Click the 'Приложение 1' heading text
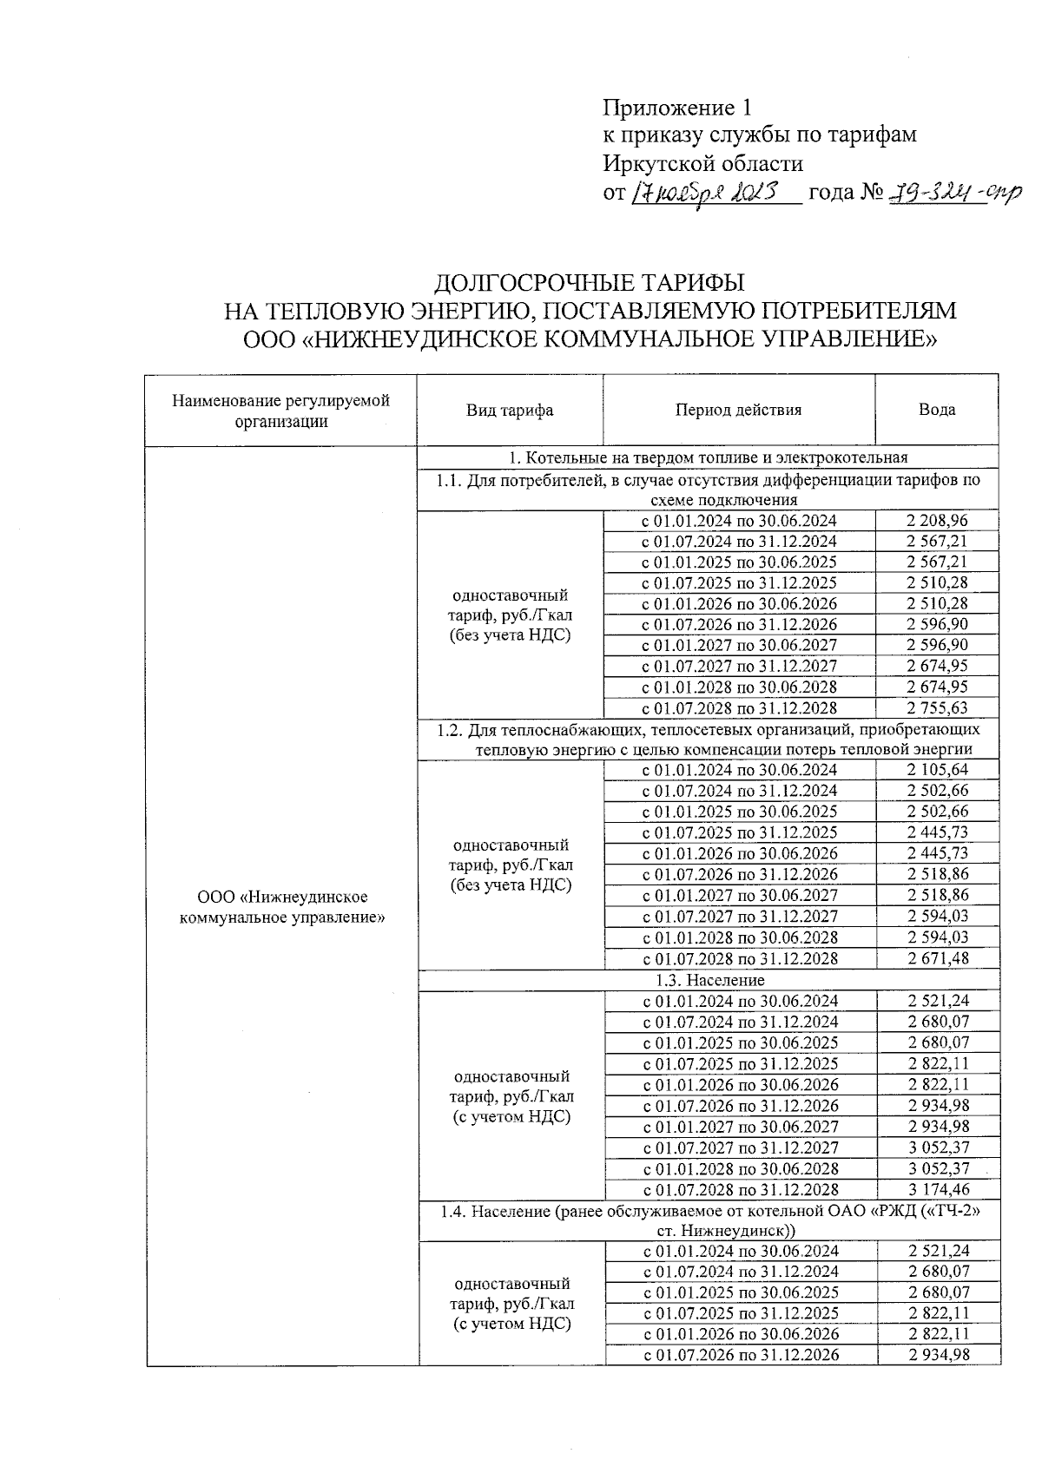[x=676, y=109]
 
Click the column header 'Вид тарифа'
[x=510, y=411]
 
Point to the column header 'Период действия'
[x=738, y=411]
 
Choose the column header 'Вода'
[x=937, y=411]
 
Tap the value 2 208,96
[x=937, y=521]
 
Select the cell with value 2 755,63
[x=937, y=708]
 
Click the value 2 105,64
[x=937, y=770]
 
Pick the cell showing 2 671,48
[x=937, y=958]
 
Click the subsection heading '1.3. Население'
[x=709, y=980]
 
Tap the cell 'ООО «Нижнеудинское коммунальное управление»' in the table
[x=282, y=907]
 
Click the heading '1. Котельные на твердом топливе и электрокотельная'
[x=708, y=457]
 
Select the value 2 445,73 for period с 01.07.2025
[x=937, y=832]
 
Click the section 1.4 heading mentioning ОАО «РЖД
[x=709, y=1220]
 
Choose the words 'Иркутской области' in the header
[x=702, y=163]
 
